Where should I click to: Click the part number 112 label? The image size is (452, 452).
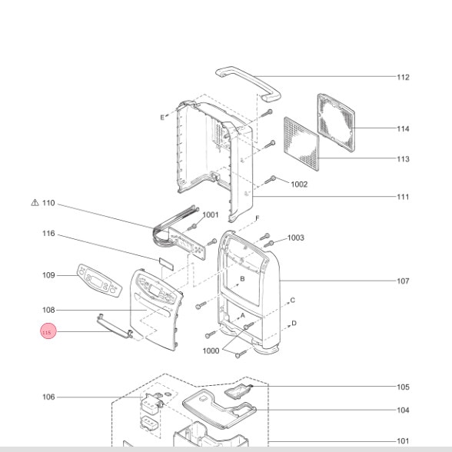[x=403, y=77]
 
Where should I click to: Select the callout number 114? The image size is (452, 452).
[x=403, y=128]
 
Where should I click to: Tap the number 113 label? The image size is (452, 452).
[x=403, y=159]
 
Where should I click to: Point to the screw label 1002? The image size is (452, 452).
[x=299, y=184]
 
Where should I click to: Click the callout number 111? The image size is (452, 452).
[x=403, y=197]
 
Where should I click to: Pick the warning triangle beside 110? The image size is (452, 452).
[x=35, y=203]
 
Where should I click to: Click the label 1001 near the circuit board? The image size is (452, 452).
[x=211, y=214]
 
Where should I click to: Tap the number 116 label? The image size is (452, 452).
[x=48, y=233]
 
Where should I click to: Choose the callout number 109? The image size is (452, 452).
[x=48, y=275]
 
